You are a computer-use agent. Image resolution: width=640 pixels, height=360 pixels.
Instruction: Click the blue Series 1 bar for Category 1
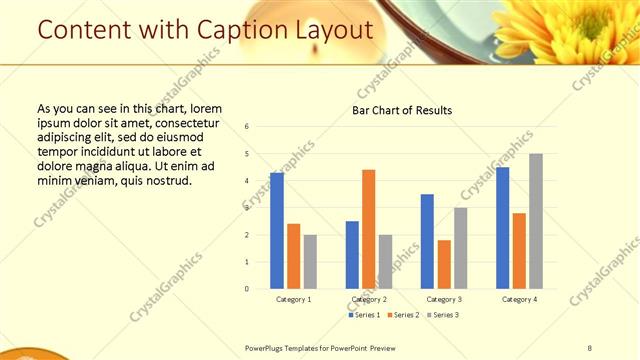(x=276, y=231)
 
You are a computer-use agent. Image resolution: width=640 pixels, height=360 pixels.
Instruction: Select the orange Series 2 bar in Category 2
(x=368, y=229)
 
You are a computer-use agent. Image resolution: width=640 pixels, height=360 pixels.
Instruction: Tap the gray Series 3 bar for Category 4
(x=536, y=221)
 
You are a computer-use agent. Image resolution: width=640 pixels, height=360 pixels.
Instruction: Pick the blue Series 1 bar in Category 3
(x=427, y=241)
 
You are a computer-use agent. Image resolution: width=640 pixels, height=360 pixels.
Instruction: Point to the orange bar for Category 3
(x=444, y=264)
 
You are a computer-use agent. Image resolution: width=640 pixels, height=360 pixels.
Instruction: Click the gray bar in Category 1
(x=310, y=262)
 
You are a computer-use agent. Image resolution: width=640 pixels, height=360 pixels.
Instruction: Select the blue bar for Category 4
(x=502, y=228)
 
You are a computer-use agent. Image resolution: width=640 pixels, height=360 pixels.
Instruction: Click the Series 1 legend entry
(x=364, y=315)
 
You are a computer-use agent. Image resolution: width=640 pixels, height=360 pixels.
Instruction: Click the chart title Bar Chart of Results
(x=402, y=110)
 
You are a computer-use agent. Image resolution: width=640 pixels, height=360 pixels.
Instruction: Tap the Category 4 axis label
(x=519, y=299)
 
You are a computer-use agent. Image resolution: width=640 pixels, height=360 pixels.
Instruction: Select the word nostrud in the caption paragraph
(x=161, y=181)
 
